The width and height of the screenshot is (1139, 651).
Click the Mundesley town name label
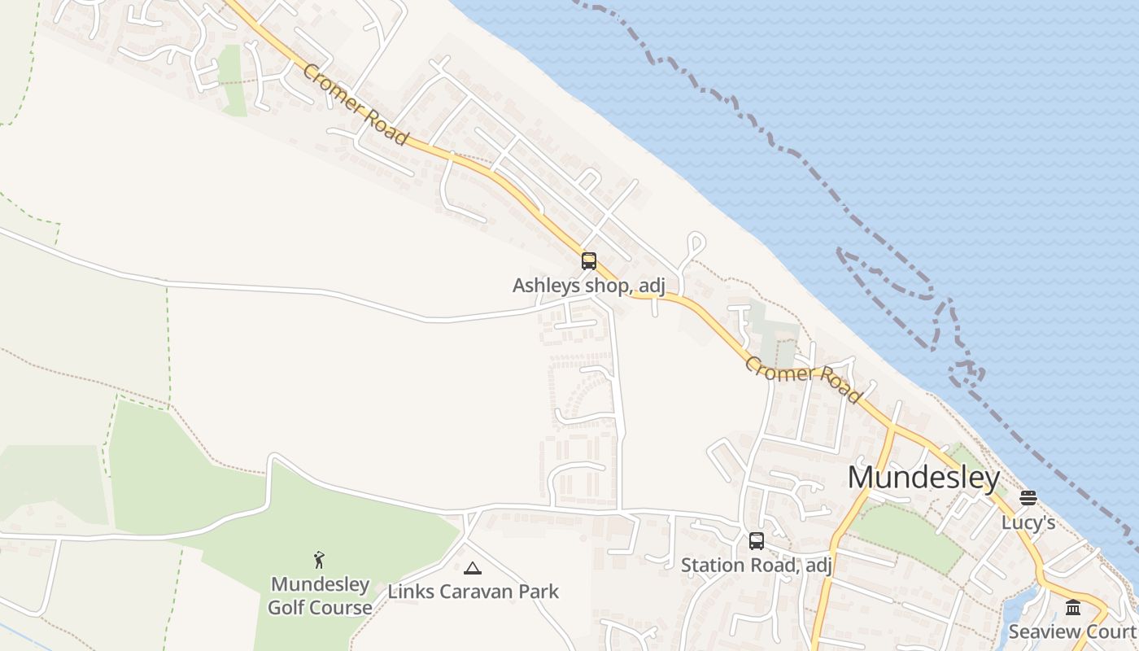coord(923,478)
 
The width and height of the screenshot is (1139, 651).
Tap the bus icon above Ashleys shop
coord(588,261)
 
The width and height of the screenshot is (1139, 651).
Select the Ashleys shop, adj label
coord(589,286)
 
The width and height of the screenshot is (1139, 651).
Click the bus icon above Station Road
coord(756,541)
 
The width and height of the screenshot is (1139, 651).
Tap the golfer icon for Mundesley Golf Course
coord(320,560)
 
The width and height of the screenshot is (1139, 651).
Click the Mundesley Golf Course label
coord(320,596)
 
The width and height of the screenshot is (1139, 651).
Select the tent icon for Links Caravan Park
coord(472,568)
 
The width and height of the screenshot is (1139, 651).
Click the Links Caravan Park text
coord(473,591)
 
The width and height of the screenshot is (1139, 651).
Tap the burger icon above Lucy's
coord(1028,498)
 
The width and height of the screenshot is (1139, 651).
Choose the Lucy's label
coord(1028,522)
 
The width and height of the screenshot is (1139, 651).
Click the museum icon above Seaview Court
coord(1073,608)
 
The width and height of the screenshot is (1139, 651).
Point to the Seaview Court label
coord(1072,631)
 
